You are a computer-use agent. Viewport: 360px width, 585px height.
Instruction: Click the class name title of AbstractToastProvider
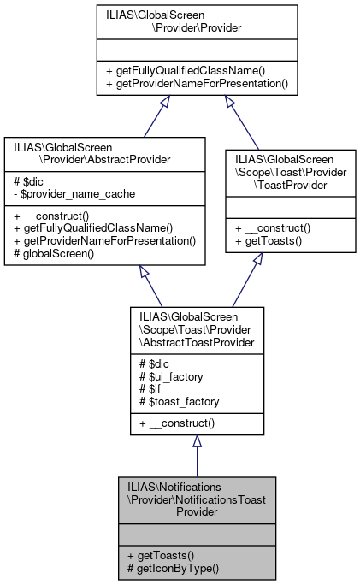(196, 325)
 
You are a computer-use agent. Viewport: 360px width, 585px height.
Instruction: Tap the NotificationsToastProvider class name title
(196, 498)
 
